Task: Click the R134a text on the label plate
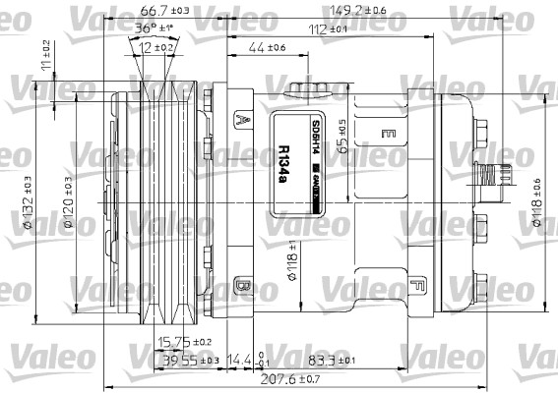tap(284, 164)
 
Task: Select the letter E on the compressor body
tap(389, 133)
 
